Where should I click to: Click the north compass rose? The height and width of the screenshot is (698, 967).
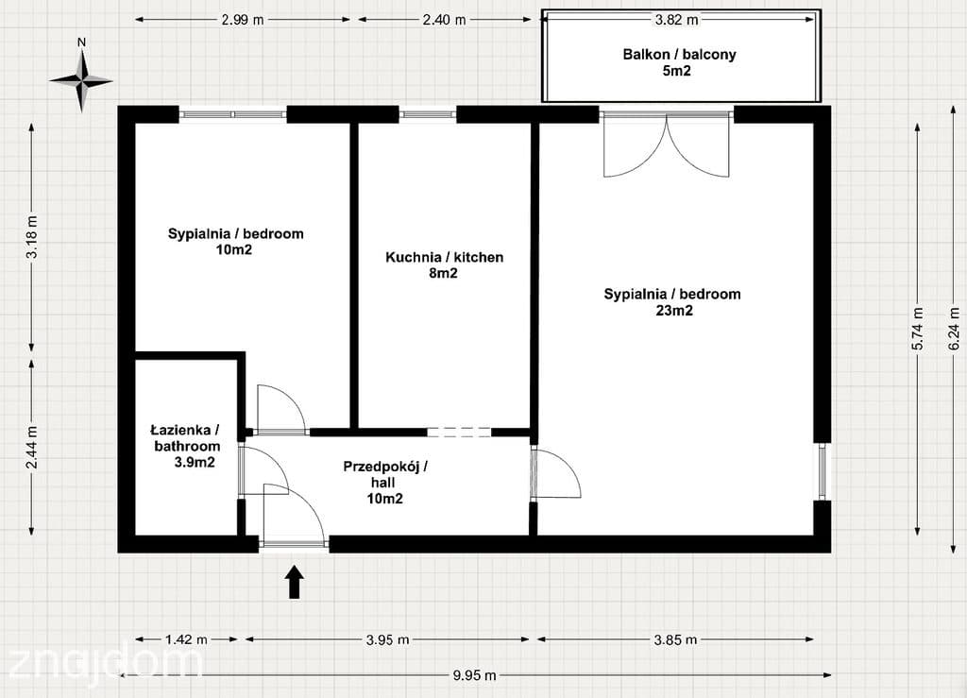(81, 80)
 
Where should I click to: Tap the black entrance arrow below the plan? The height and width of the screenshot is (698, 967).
(295, 582)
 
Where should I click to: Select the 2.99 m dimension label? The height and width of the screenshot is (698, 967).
(243, 20)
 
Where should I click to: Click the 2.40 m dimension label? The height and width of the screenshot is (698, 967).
(444, 20)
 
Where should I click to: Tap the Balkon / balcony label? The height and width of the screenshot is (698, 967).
(679, 54)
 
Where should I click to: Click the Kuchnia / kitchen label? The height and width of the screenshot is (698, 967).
(444, 257)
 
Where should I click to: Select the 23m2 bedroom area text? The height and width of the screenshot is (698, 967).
(673, 311)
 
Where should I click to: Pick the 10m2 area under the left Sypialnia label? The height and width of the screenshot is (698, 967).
(234, 249)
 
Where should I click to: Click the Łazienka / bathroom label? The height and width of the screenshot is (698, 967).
(186, 438)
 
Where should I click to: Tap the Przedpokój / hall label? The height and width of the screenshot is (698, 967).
(385, 474)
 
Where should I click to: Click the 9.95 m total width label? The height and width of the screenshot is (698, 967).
(474, 675)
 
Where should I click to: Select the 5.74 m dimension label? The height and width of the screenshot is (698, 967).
(918, 329)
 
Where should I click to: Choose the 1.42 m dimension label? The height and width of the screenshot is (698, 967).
(186, 639)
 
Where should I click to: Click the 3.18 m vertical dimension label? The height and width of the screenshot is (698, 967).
(32, 237)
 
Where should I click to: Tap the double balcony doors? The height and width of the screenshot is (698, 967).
(667, 145)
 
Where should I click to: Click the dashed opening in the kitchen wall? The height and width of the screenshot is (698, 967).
(459, 433)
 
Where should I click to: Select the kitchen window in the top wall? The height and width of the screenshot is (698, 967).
(428, 114)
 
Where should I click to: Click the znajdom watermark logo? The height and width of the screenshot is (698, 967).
(105, 665)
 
